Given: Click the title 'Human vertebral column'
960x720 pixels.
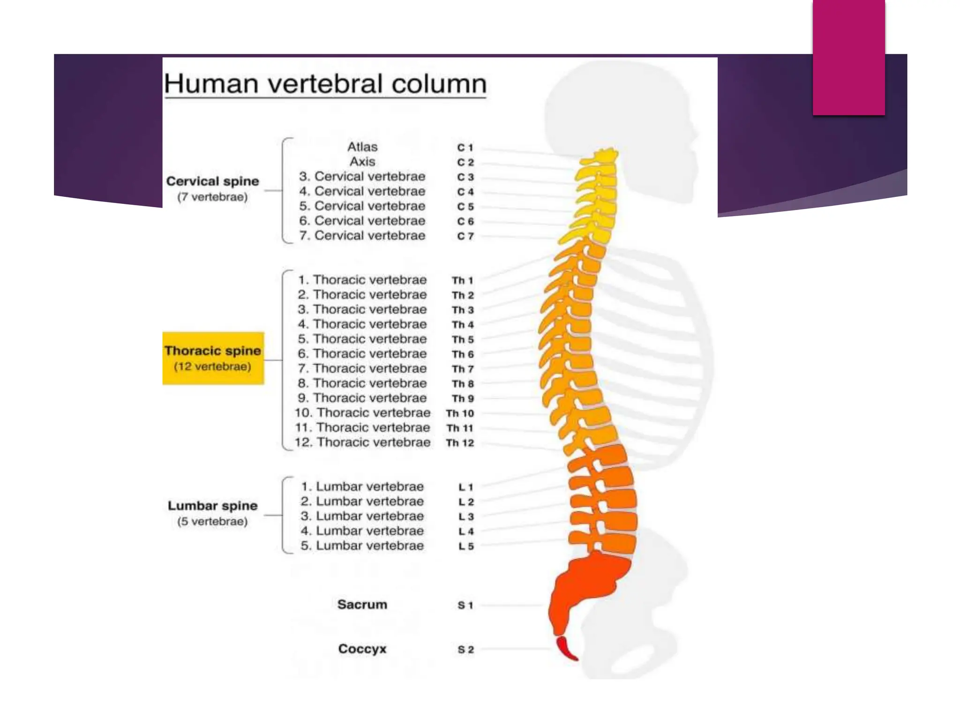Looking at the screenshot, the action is (325, 84).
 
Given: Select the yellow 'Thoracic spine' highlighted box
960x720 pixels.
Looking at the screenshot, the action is (213, 358).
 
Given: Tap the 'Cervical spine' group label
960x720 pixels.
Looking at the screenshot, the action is (212, 181).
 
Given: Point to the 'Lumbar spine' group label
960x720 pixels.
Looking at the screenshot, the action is (212, 506).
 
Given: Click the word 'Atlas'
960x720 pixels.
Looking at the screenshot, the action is (362, 147).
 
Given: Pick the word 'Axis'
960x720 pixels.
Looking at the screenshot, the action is (362, 162).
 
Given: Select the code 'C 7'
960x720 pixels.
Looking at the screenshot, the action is (465, 236).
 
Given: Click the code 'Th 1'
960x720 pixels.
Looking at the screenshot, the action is (463, 280).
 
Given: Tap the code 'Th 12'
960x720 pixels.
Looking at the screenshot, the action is (460, 443).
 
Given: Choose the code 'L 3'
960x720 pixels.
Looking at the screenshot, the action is (466, 517).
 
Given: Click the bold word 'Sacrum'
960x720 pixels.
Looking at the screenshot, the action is (362, 605).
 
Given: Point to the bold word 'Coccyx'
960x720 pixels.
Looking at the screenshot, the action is (362, 649).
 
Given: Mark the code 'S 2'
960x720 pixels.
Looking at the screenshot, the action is (465, 650).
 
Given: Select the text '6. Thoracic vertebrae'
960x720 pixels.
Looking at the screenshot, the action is (362, 354).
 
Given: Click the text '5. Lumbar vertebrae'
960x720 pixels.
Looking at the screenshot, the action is (362, 546).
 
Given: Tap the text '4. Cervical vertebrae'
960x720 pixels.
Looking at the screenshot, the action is (362, 191).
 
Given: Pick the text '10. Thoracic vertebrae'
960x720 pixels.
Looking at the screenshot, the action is (362, 413).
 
